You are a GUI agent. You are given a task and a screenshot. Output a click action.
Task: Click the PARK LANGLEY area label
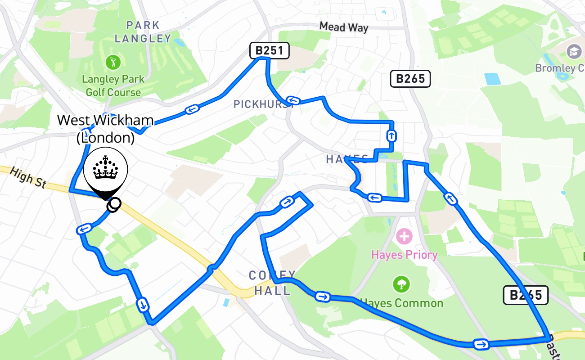pyautogui.click(x=143, y=31)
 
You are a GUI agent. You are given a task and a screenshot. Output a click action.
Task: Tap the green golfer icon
pyautogui.click(x=112, y=61)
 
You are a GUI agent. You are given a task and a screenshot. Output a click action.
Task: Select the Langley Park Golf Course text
pyautogui.click(x=113, y=86)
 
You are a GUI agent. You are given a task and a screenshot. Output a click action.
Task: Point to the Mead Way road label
pyautogui.click(x=344, y=27)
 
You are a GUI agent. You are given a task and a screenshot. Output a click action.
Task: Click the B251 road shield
pyautogui.click(x=269, y=51)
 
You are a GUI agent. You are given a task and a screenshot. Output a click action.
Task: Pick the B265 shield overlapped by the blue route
pyautogui.click(x=525, y=295)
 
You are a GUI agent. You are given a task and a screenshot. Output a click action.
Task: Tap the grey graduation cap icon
pyautogui.click(x=574, y=51)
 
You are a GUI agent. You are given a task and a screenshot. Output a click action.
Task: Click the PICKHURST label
pyautogui.click(x=264, y=104)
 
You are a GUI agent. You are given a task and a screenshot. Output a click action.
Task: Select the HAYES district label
pyautogui.click(x=347, y=159)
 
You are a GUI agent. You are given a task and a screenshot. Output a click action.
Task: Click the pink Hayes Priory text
pyautogui.click(x=404, y=255)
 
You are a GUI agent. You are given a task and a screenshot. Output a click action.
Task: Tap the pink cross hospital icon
pyautogui.click(x=404, y=236)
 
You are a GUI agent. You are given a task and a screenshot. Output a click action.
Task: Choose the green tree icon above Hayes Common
pyautogui.click(x=401, y=284)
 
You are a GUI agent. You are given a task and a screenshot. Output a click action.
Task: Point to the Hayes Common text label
pyautogui.click(x=402, y=303)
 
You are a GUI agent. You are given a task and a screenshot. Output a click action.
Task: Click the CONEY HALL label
pyautogui.click(x=272, y=283)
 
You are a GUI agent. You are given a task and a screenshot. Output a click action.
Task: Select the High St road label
pyautogui.click(x=28, y=177)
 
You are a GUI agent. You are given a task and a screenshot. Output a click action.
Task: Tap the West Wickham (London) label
pyautogui.click(x=106, y=129)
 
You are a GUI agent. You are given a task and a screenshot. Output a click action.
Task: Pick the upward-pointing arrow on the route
pyautogui.click(x=391, y=135)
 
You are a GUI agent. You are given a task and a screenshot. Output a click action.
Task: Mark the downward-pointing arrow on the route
pyautogui.click(x=143, y=305)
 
